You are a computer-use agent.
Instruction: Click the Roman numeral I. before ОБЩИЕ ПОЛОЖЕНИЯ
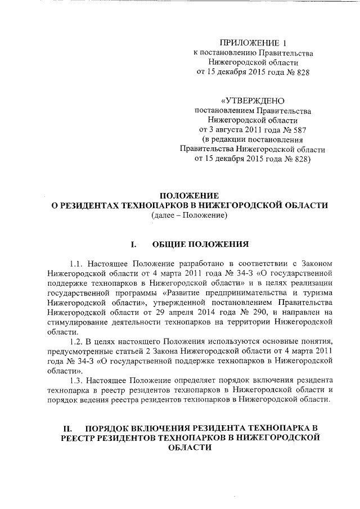point(134,245)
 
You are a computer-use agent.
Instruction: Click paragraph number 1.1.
point(77,263)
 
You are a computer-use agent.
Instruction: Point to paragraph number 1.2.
point(77,342)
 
